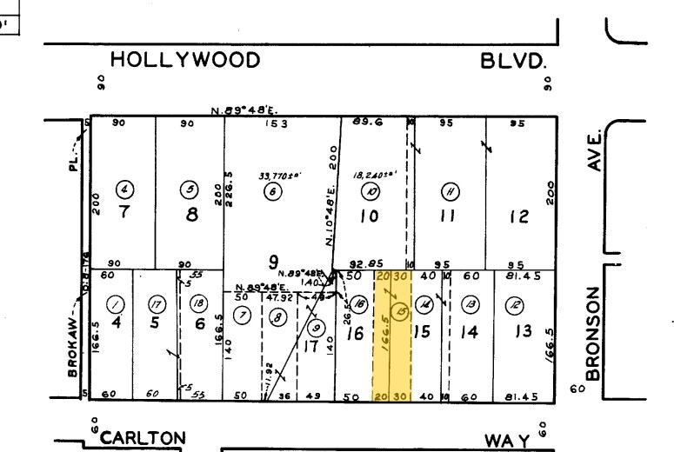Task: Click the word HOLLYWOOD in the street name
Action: coord(185,60)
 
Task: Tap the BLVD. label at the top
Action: coord(514,61)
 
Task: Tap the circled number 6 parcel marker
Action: coord(272,192)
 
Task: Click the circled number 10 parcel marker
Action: coord(371,192)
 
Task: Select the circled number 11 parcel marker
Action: coord(450,192)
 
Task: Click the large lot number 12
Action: coord(519,217)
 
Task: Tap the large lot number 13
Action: coord(519,333)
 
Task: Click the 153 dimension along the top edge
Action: coord(277,123)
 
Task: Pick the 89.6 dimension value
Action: coord(363,123)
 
